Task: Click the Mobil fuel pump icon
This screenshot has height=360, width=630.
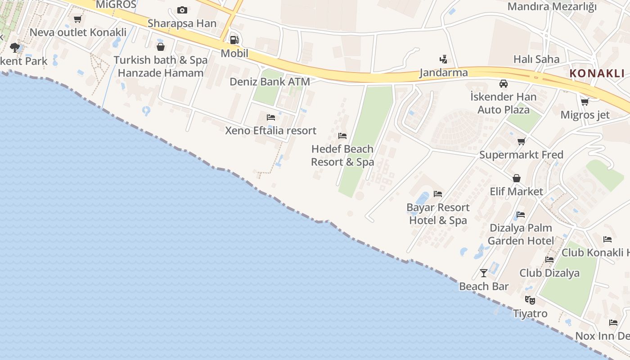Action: click(234, 40)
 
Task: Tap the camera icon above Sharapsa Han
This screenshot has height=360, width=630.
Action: click(182, 10)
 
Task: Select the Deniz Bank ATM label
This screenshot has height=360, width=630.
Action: click(270, 82)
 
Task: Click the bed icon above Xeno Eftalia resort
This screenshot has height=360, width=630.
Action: click(270, 117)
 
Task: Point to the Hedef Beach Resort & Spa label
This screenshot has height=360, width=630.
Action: click(342, 155)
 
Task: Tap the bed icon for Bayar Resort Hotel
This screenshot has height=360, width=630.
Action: click(437, 194)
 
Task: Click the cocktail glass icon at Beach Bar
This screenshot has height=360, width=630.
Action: click(484, 273)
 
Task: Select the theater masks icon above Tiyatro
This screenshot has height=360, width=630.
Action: click(530, 300)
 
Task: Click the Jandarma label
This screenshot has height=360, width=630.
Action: click(443, 72)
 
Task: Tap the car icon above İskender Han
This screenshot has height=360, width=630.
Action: click(503, 84)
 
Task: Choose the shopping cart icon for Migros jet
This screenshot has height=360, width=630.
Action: click(585, 102)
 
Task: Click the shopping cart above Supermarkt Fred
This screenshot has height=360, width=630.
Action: click(521, 142)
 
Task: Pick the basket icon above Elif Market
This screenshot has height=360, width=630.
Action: click(516, 178)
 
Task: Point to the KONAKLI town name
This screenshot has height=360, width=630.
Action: click(597, 73)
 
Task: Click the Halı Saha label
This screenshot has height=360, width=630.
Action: click(536, 59)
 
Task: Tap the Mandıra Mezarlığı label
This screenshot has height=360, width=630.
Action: click(552, 7)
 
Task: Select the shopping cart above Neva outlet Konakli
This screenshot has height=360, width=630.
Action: click(77, 19)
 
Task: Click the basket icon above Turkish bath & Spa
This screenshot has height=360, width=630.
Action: click(160, 47)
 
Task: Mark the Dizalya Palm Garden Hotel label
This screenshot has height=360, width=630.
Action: click(521, 234)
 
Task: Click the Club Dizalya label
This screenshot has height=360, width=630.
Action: click(549, 273)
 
